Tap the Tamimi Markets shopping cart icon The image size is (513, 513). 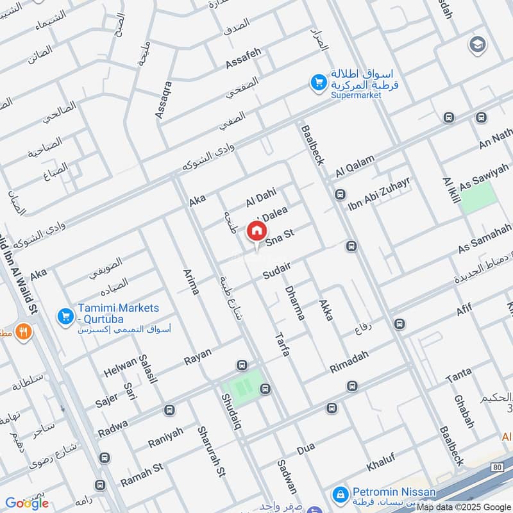click(x=65, y=316)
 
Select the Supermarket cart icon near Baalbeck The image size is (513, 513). click(x=317, y=82)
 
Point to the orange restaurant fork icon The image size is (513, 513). click(x=24, y=332)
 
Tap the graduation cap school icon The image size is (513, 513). click(x=477, y=44)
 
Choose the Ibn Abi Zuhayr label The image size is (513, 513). click(x=378, y=193)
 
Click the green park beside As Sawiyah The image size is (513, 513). click(x=479, y=198)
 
